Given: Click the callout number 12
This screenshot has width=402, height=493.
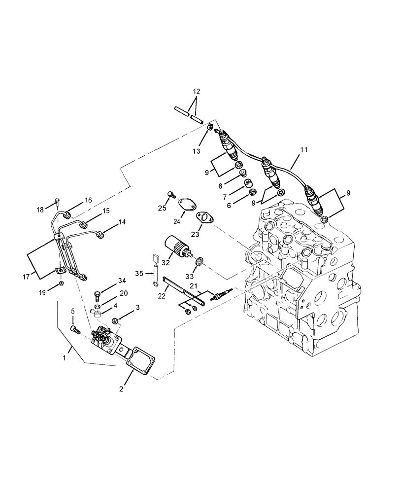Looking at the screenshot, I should pos(196,91).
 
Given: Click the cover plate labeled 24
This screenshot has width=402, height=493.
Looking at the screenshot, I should pos(186,204).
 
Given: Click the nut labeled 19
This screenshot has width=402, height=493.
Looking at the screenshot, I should pos(61,284).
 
